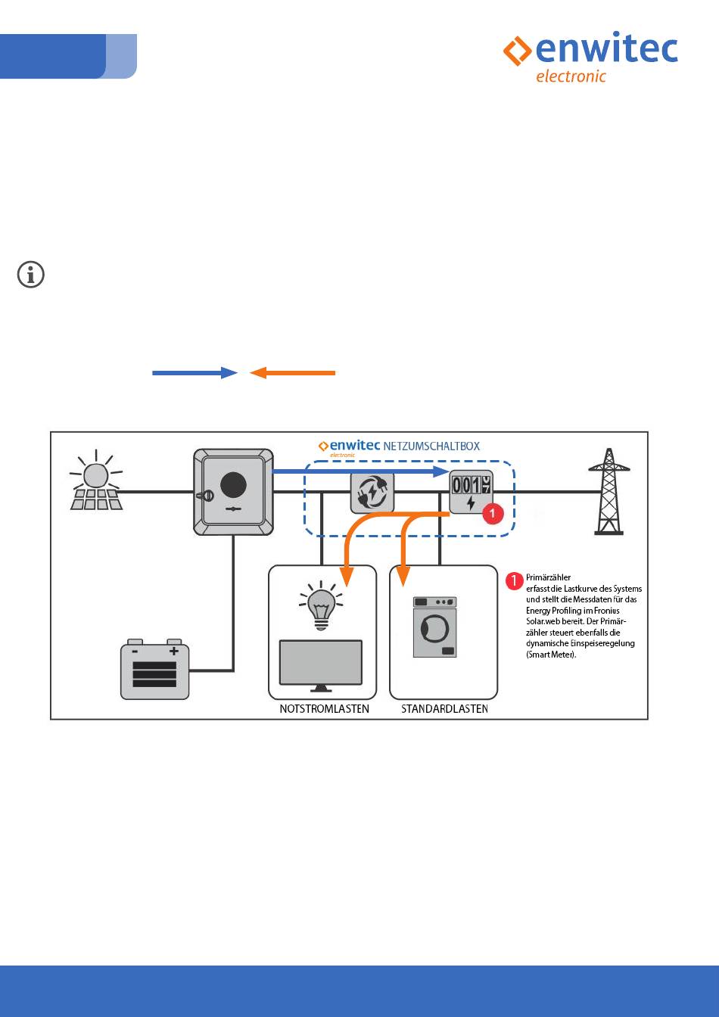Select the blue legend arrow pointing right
[x=195, y=372]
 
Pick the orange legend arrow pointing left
[x=292, y=372]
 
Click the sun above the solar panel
[x=95, y=474]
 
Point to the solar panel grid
[x=96, y=499]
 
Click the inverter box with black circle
[x=232, y=492]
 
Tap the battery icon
[x=155, y=669]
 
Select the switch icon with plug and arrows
[x=372, y=493]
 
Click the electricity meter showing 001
[x=471, y=493]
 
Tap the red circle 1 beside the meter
[x=493, y=514]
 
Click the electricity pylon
[x=609, y=491]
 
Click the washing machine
[x=435, y=627]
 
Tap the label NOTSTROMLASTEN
[x=324, y=709]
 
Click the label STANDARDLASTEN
[x=444, y=709]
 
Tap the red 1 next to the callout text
[x=515, y=581]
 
